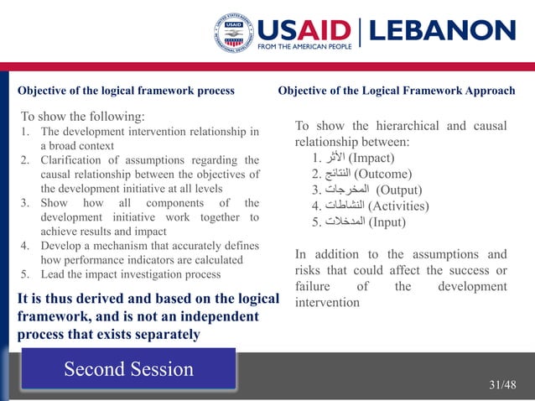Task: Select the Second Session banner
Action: (128, 369)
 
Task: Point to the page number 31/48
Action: (503, 384)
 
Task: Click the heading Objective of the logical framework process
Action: (126, 90)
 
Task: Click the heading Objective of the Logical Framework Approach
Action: (397, 90)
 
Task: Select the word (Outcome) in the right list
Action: (382, 174)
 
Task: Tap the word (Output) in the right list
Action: (399, 190)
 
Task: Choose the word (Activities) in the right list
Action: (397, 206)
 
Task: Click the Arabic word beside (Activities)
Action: (345, 206)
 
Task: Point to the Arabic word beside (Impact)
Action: (334, 158)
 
